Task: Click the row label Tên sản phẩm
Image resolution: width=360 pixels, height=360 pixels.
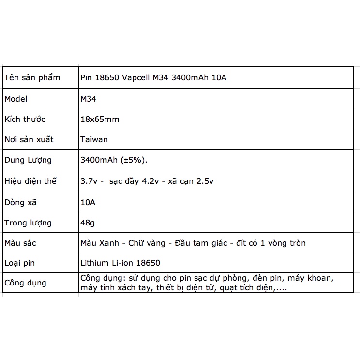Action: [32, 77]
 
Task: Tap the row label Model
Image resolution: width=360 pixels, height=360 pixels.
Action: [16, 99]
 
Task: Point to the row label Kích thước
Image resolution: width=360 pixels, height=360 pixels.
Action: [25, 119]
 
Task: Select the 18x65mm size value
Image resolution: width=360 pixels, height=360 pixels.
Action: [100, 119]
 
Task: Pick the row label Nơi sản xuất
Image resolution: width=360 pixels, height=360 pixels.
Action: [29, 139]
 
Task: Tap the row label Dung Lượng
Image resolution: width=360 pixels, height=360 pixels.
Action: [28, 160]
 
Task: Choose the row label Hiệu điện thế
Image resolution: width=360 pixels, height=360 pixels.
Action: [30, 181]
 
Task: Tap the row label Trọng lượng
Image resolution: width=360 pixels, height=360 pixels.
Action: [28, 223]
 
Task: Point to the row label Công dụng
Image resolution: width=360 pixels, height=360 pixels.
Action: [25, 283]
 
